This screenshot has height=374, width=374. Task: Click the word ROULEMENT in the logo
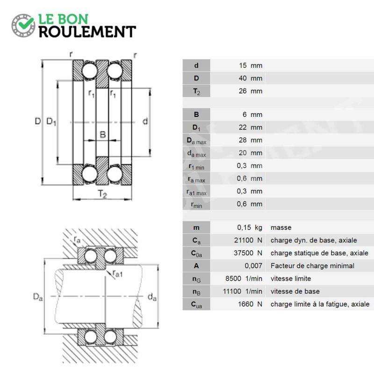tap(87, 32)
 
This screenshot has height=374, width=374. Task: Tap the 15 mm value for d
tap(251, 65)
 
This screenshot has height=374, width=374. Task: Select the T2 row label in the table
tap(196, 91)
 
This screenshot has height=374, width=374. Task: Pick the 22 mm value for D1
tap(251, 127)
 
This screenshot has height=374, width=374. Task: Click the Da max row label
tap(196, 141)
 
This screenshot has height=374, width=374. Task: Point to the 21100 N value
tap(248, 240)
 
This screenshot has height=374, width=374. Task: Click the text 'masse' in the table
tap(281, 228)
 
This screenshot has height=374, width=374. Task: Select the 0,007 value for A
tap(253, 266)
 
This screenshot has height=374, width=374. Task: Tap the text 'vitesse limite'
tap(291, 279)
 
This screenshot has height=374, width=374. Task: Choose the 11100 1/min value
tap(243, 291)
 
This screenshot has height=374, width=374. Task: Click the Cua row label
tap(196, 305)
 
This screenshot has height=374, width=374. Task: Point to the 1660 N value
tap(250, 304)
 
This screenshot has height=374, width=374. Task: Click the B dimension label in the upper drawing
tap(102, 135)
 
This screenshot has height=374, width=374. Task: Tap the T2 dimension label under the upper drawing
tap(102, 194)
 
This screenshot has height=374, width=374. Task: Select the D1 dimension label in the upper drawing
tap(51, 122)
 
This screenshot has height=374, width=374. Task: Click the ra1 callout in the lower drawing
tap(117, 274)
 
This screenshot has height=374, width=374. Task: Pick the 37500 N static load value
tap(248, 253)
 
